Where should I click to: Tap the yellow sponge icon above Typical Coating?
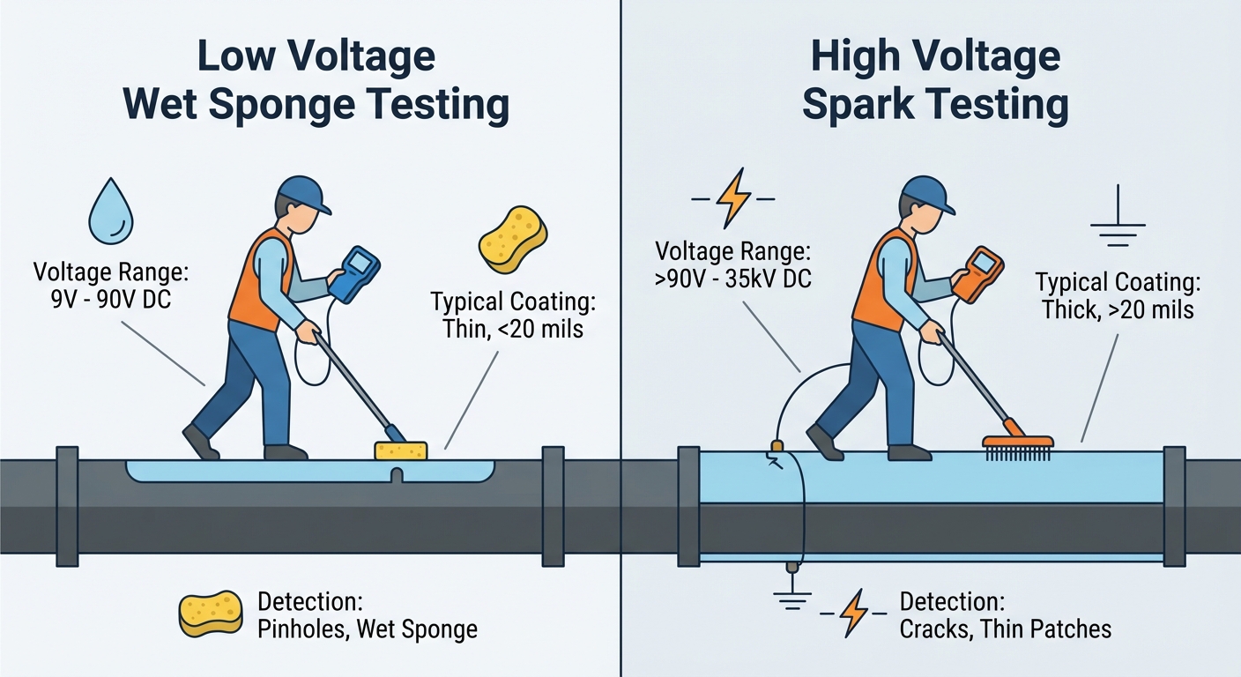click(x=512, y=237)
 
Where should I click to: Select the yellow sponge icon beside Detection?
click(x=211, y=613)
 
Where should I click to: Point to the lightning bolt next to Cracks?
click(x=853, y=614)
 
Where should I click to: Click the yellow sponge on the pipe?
click(x=401, y=450)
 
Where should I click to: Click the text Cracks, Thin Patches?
click(x=1005, y=629)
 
